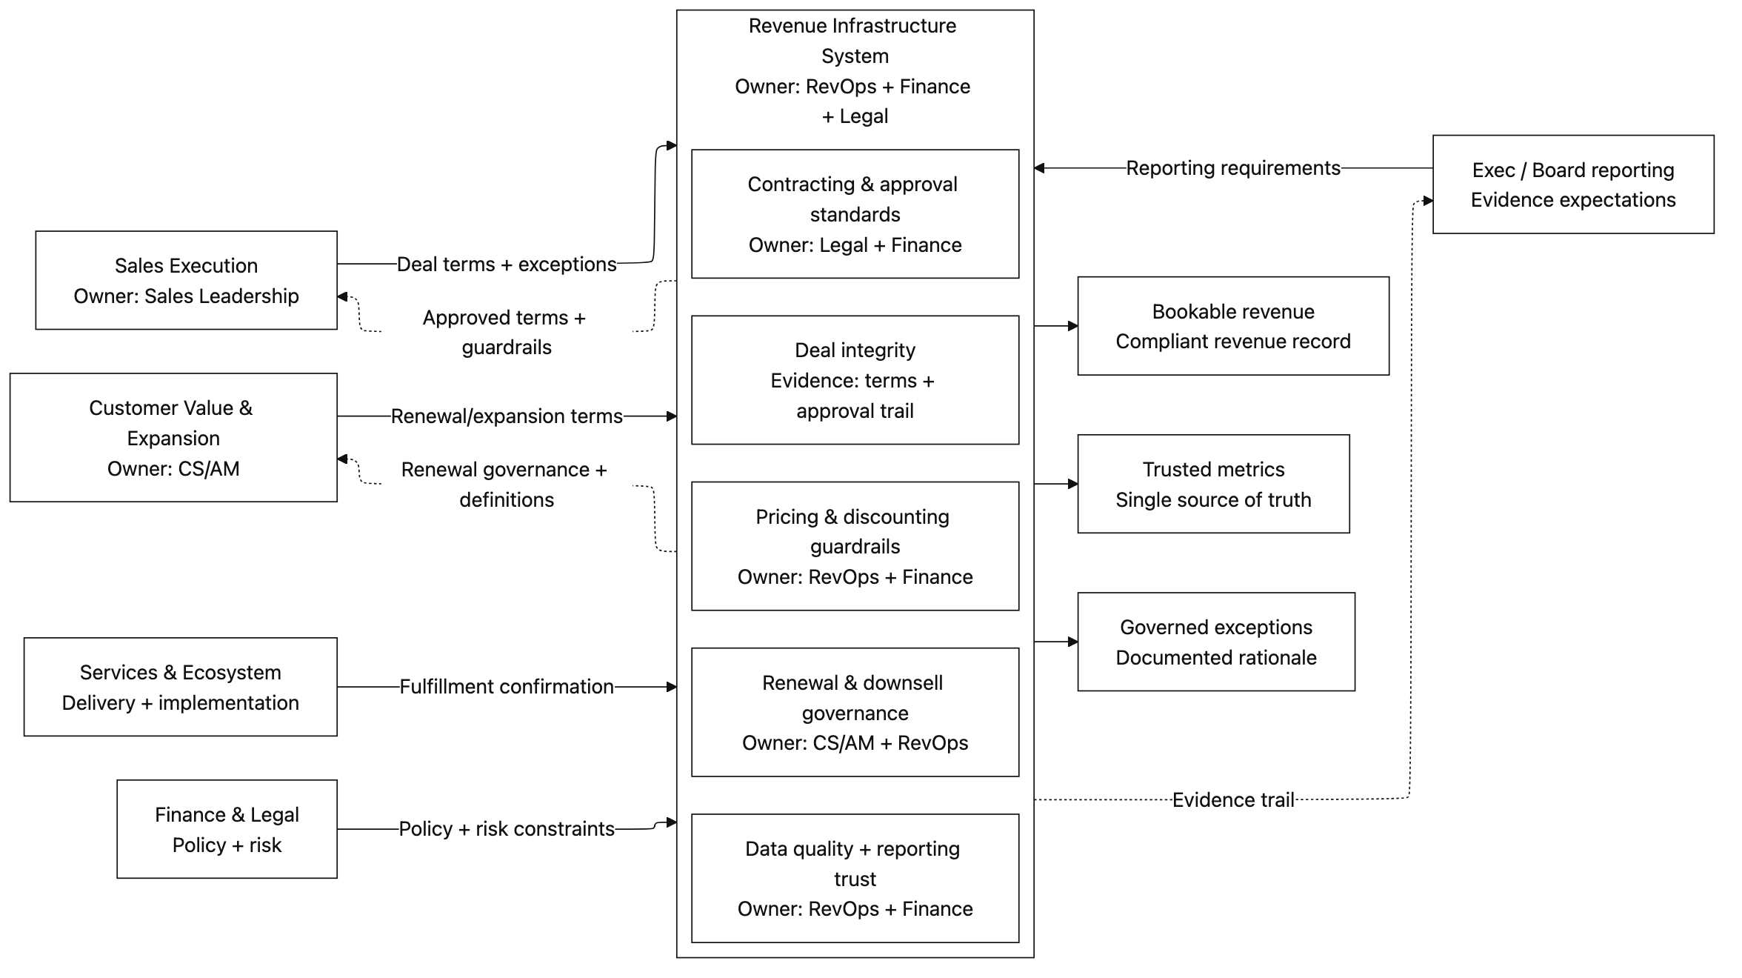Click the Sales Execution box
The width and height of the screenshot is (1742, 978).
click(x=186, y=280)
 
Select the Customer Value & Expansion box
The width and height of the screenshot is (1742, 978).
click(x=173, y=437)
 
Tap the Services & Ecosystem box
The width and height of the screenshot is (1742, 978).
click(x=180, y=687)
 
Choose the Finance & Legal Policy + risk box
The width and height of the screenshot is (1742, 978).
click(x=227, y=829)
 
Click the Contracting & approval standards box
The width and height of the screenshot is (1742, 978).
click(x=855, y=214)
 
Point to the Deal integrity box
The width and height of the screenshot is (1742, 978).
click(x=855, y=380)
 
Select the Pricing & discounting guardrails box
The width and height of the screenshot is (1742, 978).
click(x=855, y=546)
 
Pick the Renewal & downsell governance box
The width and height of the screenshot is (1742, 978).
click(x=855, y=712)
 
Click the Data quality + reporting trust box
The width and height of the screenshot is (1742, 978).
click(x=855, y=878)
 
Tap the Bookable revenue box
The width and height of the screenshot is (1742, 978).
click(x=1232, y=326)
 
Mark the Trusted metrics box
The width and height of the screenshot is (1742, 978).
click(x=1212, y=484)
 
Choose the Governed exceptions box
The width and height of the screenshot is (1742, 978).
click(x=1215, y=642)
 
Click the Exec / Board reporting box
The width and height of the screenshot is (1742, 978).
click(x=1572, y=184)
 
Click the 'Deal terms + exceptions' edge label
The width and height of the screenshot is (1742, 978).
click(x=507, y=264)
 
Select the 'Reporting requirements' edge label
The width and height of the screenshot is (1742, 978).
click(x=1233, y=168)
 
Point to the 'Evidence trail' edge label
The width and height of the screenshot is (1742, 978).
click(x=1233, y=799)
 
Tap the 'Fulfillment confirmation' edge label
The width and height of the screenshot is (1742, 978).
click(x=507, y=687)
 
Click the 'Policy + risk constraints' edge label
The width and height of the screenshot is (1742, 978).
click(x=507, y=828)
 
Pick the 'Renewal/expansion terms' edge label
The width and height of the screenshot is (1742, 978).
click(x=507, y=416)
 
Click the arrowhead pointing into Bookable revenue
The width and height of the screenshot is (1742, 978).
click(x=1072, y=326)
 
